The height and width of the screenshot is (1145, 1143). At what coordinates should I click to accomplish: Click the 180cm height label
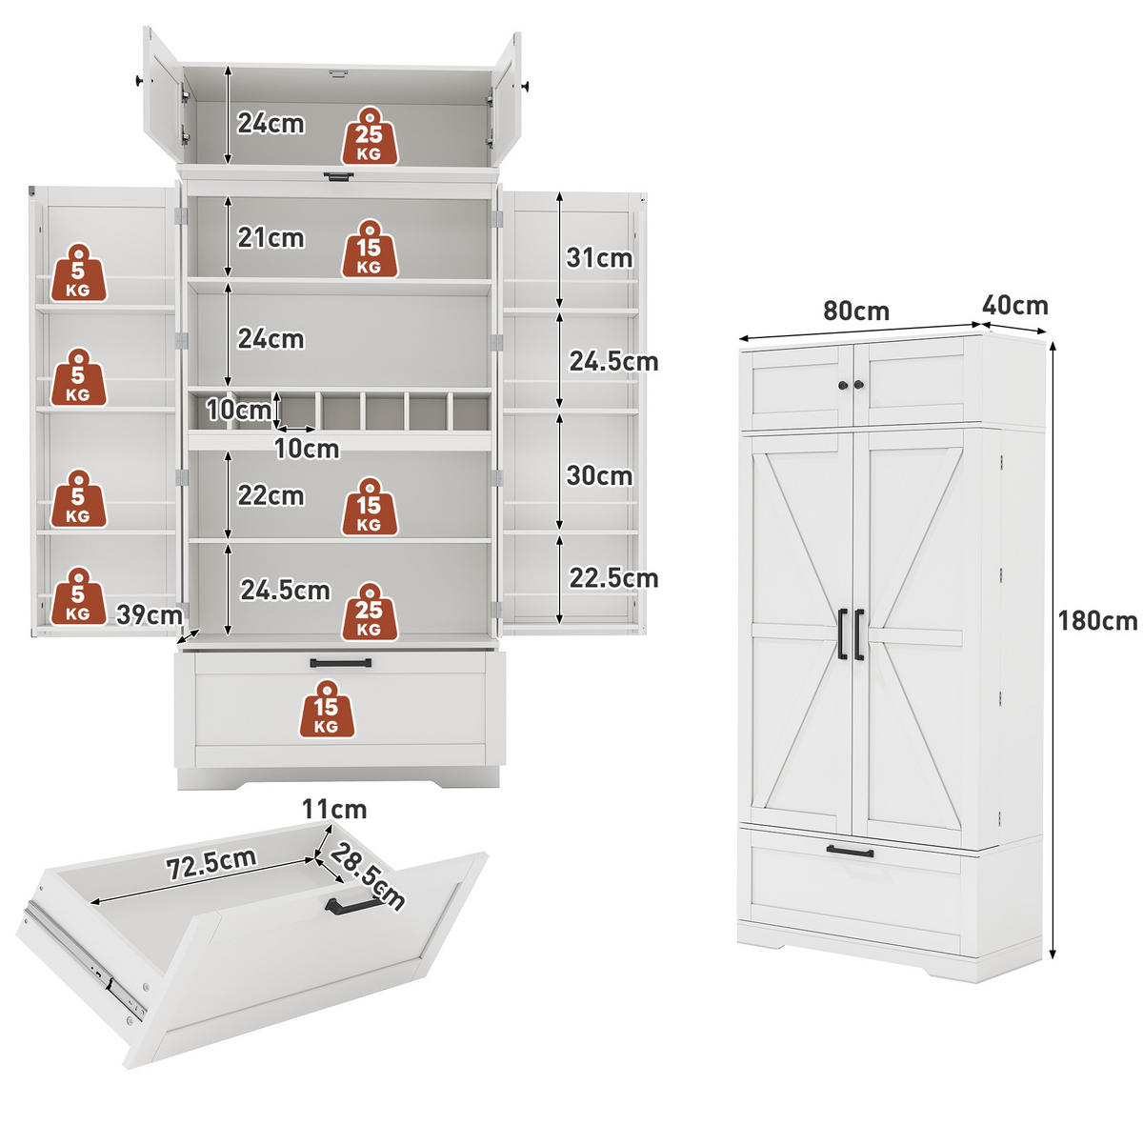point(1096,621)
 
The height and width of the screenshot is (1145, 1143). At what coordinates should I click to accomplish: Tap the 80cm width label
point(856,311)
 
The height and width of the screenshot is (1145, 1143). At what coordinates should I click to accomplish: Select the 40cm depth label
point(1014,306)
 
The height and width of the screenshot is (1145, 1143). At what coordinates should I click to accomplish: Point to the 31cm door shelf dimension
point(599,258)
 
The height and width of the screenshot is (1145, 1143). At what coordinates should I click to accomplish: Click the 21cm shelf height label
point(271,238)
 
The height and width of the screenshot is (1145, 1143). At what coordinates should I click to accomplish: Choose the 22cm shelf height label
point(271,495)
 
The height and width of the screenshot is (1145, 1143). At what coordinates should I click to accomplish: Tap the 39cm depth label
point(150,615)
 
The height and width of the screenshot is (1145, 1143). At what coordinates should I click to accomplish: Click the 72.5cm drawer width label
point(211,863)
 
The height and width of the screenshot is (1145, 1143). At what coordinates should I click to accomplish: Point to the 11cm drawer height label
point(334,810)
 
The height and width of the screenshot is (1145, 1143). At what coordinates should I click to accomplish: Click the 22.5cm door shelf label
point(613,578)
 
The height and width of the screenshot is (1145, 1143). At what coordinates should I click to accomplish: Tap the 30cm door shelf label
point(599,476)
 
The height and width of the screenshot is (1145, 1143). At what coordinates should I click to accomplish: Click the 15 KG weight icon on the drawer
point(327,710)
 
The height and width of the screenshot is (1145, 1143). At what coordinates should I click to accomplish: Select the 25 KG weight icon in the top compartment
point(370,136)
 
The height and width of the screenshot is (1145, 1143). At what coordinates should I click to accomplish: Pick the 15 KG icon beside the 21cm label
point(370,249)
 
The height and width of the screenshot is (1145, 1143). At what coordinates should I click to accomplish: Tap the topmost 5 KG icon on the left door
point(78,272)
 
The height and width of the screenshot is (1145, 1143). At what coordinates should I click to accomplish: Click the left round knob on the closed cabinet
point(843,385)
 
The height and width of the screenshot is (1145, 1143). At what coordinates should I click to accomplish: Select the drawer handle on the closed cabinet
point(850,852)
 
